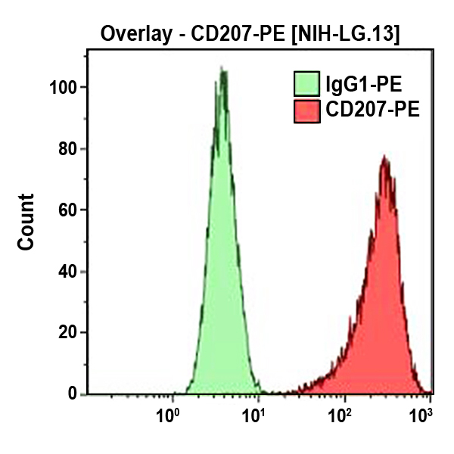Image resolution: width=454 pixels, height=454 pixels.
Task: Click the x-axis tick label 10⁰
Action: tap(168, 415)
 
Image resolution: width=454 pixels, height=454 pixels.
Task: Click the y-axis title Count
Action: tap(26, 222)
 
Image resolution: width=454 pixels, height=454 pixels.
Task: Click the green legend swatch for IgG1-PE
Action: tap(306, 82)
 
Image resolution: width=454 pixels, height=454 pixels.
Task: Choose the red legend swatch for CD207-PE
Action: tap(306, 111)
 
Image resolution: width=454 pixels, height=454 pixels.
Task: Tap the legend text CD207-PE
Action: tap(372, 111)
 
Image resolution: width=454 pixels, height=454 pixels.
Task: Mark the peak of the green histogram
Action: tap(222, 70)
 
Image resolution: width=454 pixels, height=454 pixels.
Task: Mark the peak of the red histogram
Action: tap(385, 158)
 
